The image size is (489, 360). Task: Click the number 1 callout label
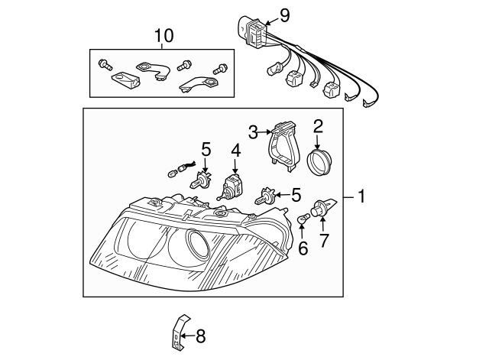(361, 197)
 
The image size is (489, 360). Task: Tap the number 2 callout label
(318, 125)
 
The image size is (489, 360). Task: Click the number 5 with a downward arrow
(206, 150)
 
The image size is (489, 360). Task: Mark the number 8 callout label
(201, 335)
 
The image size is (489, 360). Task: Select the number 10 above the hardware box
(164, 35)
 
